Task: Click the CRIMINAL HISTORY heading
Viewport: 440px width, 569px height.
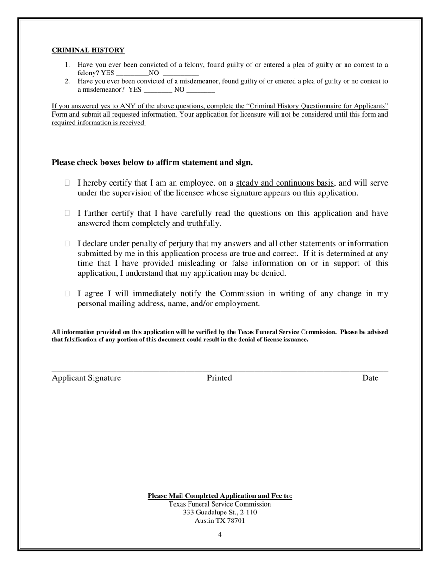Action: (88, 50)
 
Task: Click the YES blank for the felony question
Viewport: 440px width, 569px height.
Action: (132, 73)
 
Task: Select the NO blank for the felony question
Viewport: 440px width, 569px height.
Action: (181, 73)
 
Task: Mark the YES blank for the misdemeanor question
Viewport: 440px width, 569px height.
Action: (158, 90)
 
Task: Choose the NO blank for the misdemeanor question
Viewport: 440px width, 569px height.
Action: (201, 90)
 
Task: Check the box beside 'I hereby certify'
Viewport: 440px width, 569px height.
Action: (68, 183)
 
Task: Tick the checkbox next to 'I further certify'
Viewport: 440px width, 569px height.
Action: (68, 213)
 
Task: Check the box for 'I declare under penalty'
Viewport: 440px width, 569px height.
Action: (68, 243)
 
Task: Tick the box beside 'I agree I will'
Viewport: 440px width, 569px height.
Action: (68, 293)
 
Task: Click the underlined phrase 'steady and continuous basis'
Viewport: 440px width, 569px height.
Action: (285, 183)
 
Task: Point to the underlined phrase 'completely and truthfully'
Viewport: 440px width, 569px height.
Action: (176, 223)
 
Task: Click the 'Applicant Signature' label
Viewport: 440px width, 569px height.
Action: (86, 378)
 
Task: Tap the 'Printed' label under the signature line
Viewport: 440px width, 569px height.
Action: (219, 378)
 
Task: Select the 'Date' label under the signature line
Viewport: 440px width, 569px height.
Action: (370, 378)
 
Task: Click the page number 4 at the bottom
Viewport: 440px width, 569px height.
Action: (220, 535)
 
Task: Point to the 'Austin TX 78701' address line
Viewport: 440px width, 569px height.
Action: (220, 520)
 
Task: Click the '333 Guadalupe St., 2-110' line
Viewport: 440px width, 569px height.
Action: (220, 512)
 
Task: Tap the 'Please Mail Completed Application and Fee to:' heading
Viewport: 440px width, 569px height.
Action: (220, 496)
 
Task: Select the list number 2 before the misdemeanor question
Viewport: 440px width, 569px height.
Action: (67, 81)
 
